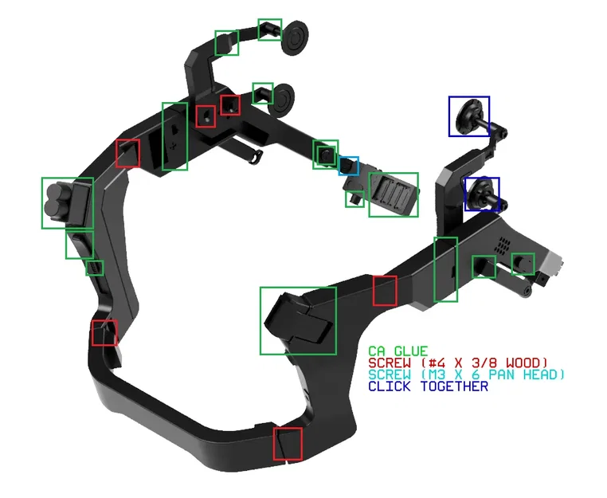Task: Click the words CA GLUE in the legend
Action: pyautogui.click(x=398, y=351)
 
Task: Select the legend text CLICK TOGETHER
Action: pyautogui.click(x=428, y=386)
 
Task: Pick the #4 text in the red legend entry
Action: pyautogui.click(x=438, y=363)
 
